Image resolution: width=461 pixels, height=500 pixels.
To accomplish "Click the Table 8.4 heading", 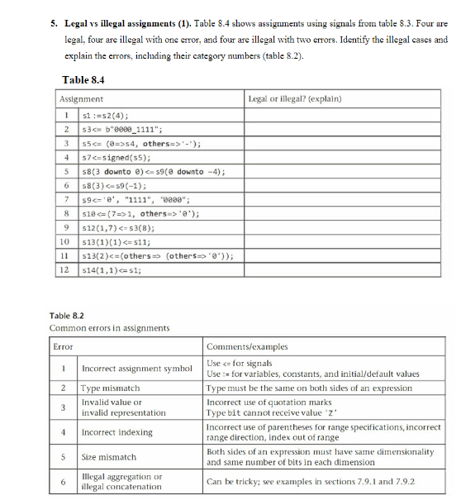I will pos(83,80).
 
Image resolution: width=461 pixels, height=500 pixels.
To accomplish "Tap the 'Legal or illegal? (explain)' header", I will pos(294,99).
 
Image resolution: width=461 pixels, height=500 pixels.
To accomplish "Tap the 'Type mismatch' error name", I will pos(111,387).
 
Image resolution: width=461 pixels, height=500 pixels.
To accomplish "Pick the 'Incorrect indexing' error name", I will pos(116,431).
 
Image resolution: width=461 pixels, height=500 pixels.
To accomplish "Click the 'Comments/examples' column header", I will pos(241,346).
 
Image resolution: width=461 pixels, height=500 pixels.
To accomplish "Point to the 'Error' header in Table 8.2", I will pos(63,346).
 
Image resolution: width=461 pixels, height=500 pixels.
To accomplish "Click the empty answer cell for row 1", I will pos(345,115).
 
